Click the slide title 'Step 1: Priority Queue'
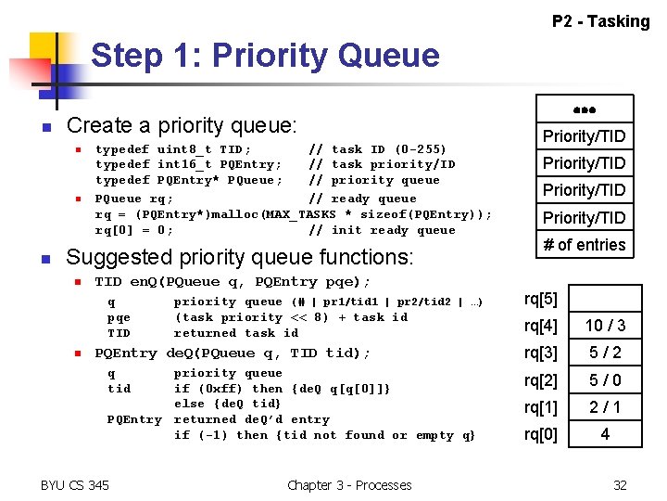[x=265, y=56]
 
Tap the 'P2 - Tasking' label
[x=600, y=21]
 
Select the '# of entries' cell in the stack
[x=584, y=245]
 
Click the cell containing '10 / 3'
[x=604, y=326]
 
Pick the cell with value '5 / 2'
[x=604, y=353]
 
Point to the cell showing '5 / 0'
[x=604, y=379]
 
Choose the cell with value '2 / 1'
[x=604, y=406]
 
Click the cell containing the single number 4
[x=604, y=433]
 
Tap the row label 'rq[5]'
[x=541, y=298]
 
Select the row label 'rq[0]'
[x=541, y=433]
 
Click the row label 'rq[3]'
[x=541, y=353]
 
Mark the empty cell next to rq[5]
[x=604, y=299]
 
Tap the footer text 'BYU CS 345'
[x=75, y=484]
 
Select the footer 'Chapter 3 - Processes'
[x=349, y=484]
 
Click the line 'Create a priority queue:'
[x=182, y=125]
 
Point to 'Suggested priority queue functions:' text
[x=239, y=256]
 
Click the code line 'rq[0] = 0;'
[x=134, y=230]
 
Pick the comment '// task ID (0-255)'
[x=377, y=148]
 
